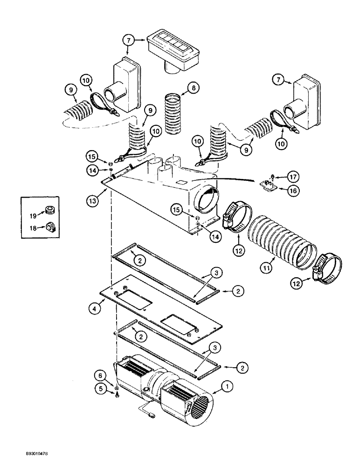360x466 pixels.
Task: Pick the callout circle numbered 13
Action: coord(93,201)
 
